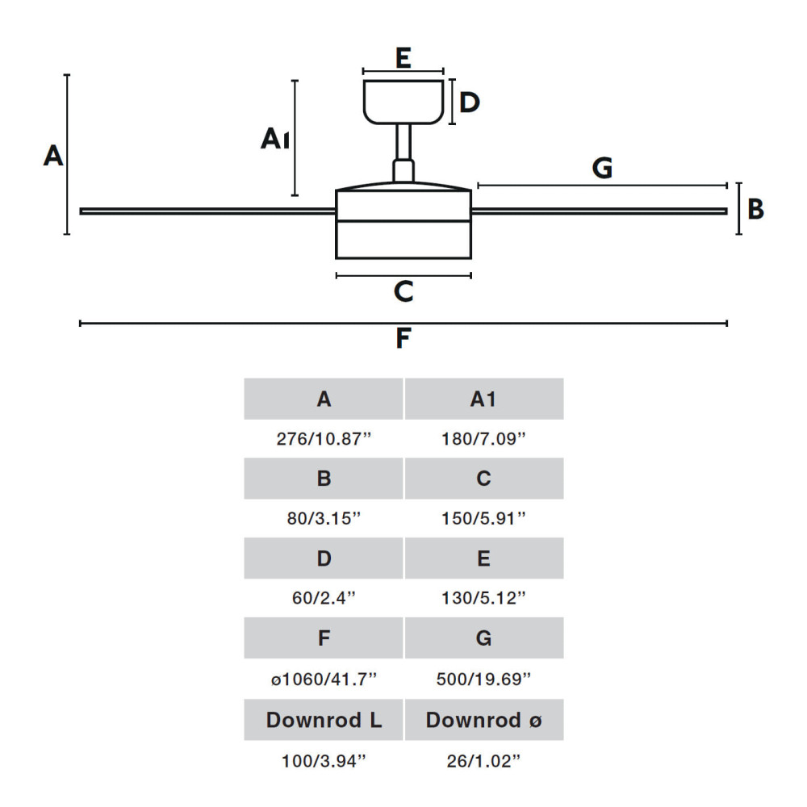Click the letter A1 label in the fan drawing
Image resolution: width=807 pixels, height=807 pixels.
point(275,139)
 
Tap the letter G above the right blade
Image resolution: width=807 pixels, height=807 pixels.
point(602,168)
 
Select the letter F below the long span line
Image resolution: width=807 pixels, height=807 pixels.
point(403,338)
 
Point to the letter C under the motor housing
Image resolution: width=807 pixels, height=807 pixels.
point(403,291)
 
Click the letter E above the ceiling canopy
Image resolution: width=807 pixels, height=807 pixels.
point(403,57)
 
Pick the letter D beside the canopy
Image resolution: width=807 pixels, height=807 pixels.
point(470,102)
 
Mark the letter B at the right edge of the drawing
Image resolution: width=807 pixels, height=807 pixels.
point(755,209)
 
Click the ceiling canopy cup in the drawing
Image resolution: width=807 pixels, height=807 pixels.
point(403,102)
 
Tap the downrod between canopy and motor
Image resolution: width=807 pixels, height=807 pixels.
point(403,142)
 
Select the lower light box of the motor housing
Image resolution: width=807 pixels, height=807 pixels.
point(403,240)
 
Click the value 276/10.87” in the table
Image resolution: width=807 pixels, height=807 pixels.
point(324,439)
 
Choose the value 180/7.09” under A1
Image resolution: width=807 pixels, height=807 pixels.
point(483,439)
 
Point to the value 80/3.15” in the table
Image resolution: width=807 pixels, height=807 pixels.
point(324,518)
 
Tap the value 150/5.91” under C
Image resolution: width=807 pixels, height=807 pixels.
point(483,518)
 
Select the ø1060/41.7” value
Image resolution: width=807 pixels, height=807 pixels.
point(324,679)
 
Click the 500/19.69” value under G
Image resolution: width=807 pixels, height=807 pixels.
point(483,679)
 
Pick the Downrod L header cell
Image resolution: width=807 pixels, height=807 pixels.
point(324,720)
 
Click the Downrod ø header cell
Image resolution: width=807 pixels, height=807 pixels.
point(484,720)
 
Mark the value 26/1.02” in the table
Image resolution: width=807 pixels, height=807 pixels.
point(483,761)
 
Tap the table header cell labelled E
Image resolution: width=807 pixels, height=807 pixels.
point(484,558)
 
